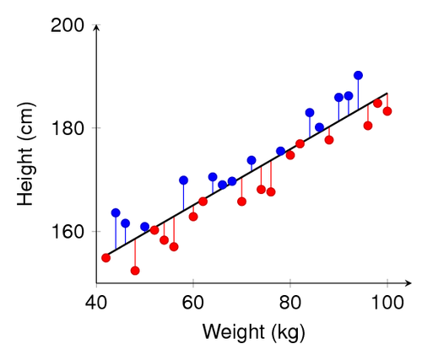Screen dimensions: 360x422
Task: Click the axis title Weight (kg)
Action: (241, 331)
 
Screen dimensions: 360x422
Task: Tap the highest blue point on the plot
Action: (358, 75)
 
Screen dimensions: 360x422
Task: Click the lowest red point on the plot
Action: (135, 271)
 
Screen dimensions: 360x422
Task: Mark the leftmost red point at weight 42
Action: (105, 257)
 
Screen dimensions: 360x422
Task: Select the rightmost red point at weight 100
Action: (387, 111)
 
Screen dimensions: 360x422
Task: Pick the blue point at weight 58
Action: (183, 180)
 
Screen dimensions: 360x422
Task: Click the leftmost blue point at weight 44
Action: (116, 212)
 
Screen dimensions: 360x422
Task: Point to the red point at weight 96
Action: (368, 126)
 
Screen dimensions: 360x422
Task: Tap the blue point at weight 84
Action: (310, 112)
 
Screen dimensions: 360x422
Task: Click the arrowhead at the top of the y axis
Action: (96, 27)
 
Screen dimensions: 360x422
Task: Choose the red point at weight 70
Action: (241, 201)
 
